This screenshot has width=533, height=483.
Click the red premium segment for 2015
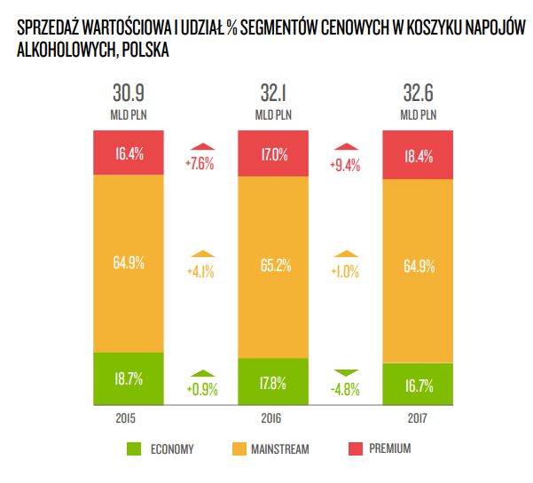(129, 152)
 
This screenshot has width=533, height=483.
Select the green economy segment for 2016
(273, 382)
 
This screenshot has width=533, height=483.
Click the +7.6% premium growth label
(201, 162)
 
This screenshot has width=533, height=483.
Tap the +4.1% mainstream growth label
(201, 272)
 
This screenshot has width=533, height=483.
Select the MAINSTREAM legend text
(279, 449)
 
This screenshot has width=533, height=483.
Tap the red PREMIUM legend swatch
(349, 449)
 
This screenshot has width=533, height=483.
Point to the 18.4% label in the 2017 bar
(419, 154)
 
